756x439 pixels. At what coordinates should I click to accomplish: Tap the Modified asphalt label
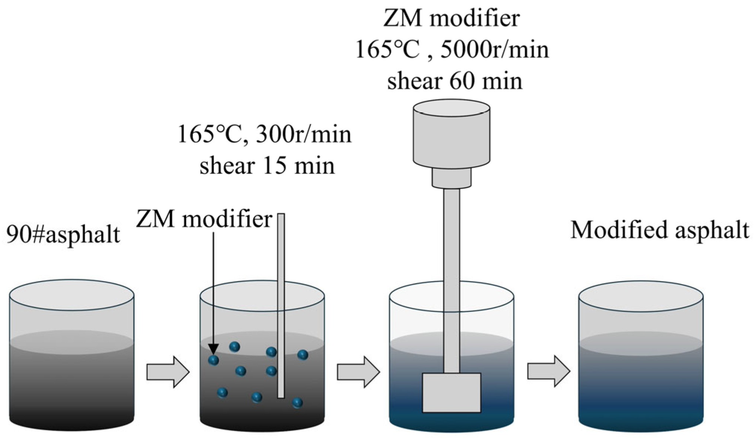pyautogui.click(x=660, y=230)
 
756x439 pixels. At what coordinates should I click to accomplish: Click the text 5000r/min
pyautogui.click(x=495, y=50)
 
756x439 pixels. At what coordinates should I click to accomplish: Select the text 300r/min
pyautogui.click(x=303, y=134)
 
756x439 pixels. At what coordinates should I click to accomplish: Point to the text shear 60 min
pyautogui.click(x=454, y=81)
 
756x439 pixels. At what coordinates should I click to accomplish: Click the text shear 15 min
pyautogui.click(x=267, y=166)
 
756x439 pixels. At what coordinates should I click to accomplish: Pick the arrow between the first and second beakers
pyautogui.click(x=168, y=372)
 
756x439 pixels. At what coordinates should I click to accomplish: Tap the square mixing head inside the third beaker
pyautogui.click(x=451, y=392)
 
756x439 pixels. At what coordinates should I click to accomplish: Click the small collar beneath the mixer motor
pyautogui.click(x=451, y=178)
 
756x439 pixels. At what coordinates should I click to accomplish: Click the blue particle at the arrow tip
pyautogui.click(x=213, y=360)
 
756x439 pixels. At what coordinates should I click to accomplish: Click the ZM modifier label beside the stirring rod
pyautogui.click(x=204, y=219)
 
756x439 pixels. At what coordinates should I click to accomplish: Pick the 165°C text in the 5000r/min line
pyautogui.click(x=387, y=50)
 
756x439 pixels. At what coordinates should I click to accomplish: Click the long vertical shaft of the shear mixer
pyautogui.click(x=451, y=279)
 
